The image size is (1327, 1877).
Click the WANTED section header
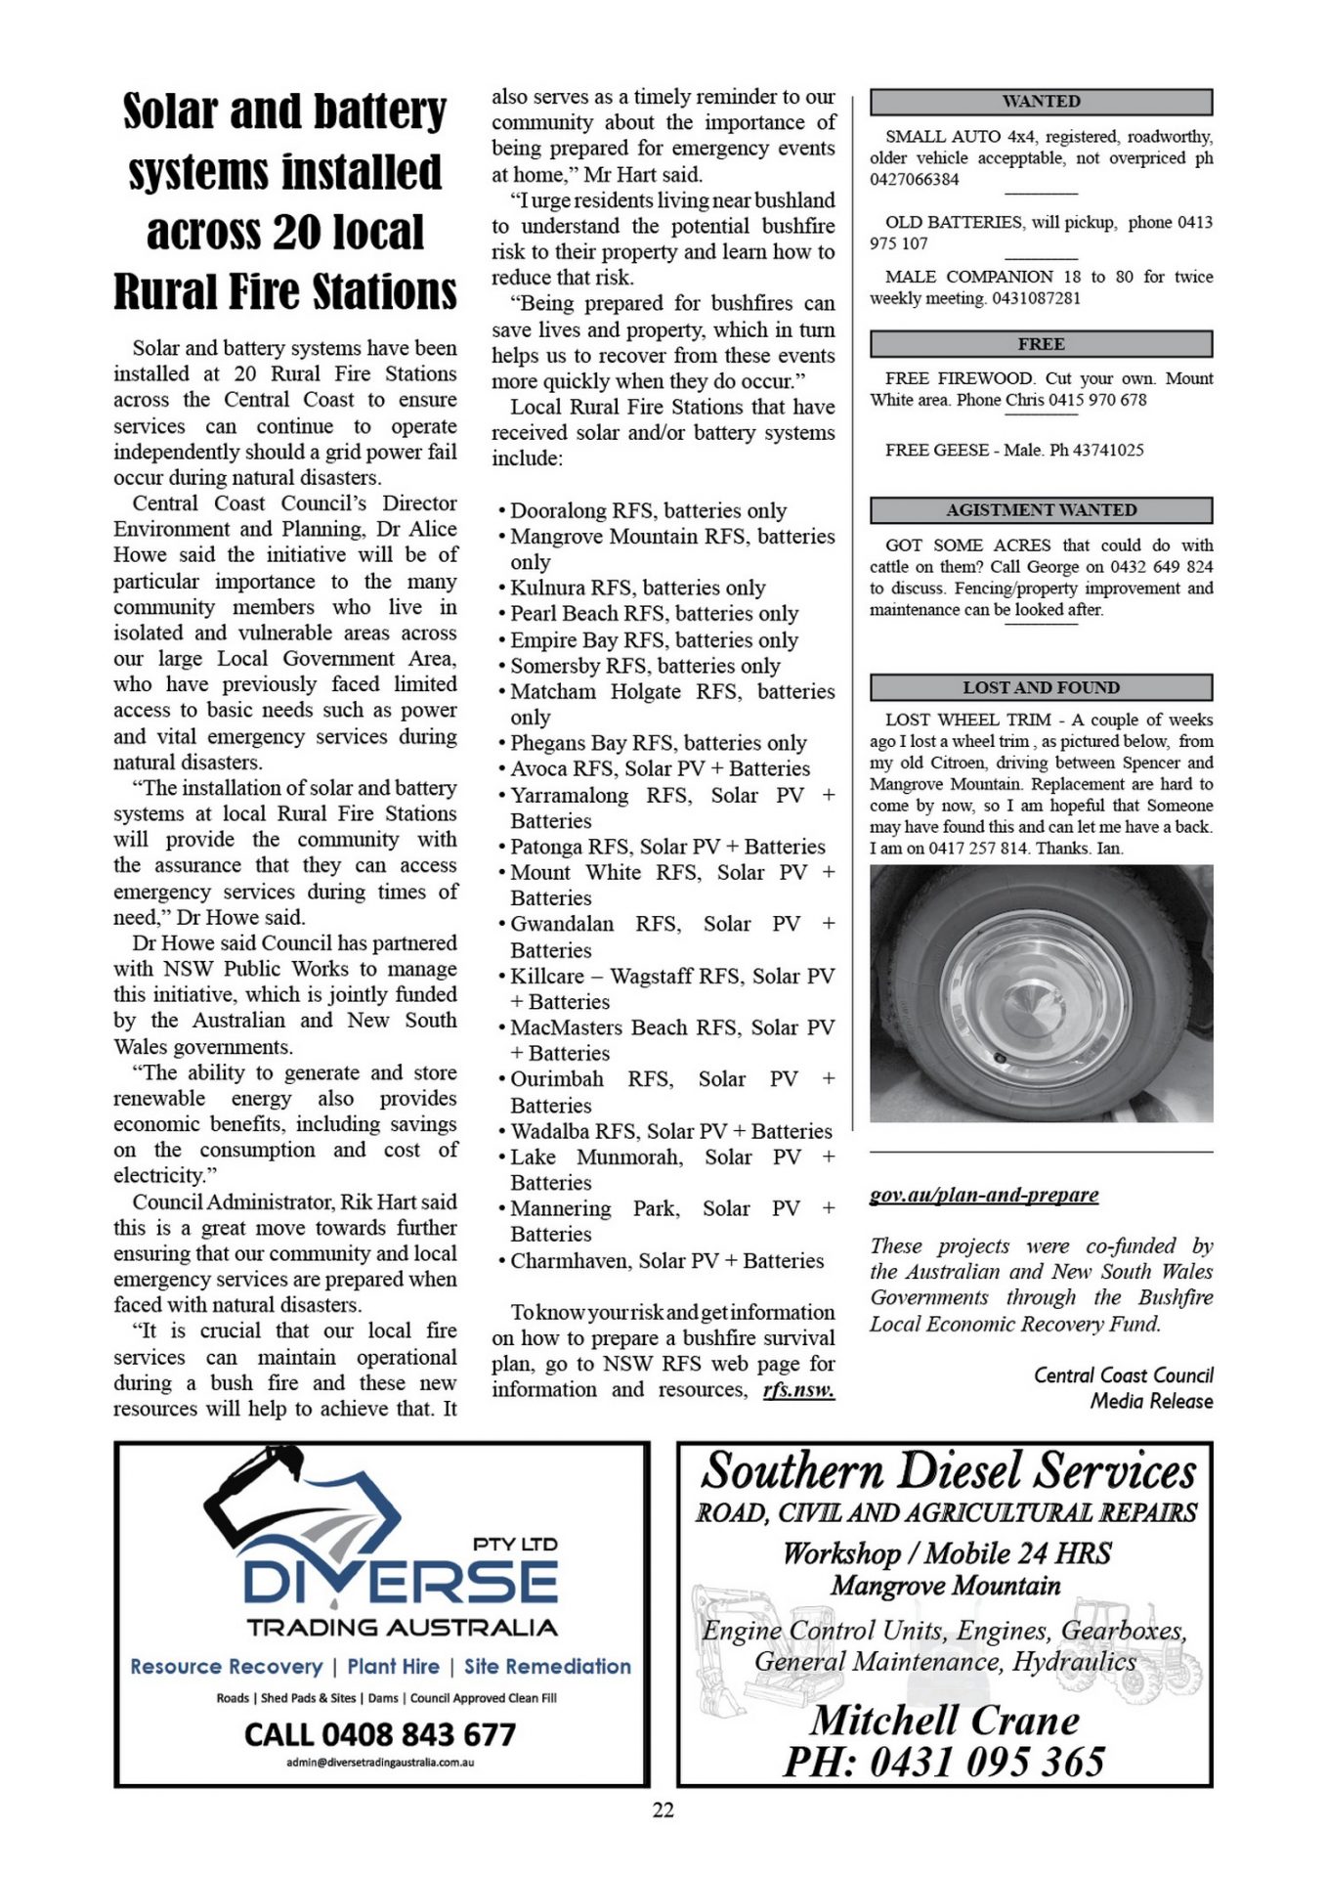point(1041,102)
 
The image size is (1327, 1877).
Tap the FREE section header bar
point(1041,344)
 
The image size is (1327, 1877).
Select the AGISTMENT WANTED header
point(1041,510)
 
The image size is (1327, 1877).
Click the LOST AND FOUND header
point(1041,687)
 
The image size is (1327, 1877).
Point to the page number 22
point(663,1811)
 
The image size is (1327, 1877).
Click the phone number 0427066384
point(915,180)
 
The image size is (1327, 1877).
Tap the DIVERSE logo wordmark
point(401,1582)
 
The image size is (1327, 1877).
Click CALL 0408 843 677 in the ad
point(380,1734)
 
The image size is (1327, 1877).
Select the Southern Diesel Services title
point(948,1471)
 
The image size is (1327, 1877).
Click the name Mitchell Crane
point(945,1721)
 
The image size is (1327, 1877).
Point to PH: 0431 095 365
point(944,1762)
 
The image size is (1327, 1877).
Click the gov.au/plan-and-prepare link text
point(984,1195)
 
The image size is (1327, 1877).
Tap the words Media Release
point(1151,1401)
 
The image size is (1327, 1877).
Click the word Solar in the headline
point(168,111)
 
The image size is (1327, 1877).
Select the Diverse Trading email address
point(380,1763)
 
